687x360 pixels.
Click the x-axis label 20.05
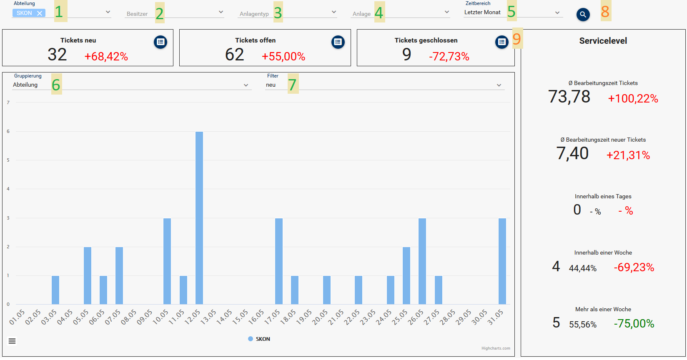pos(320,317)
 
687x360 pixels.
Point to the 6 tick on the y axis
pos(8,131)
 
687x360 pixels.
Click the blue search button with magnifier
pos(583,15)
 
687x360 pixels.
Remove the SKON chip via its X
pos(40,13)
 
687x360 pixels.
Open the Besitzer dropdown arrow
pos(221,12)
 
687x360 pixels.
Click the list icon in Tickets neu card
pos(160,42)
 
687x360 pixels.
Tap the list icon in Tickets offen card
pos(338,42)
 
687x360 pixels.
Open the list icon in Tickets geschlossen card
pos(502,42)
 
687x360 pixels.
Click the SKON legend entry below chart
pos(259,339)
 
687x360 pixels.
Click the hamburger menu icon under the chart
pos(12,341)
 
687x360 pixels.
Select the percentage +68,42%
pos(106,57)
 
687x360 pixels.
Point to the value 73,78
pos(569,97)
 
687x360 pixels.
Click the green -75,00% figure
pos(634,324)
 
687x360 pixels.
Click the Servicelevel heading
pos(603,41)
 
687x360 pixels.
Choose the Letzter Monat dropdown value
pos(482,12)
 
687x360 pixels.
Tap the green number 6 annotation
pos(56,85)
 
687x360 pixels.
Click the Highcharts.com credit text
pos(496,348)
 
